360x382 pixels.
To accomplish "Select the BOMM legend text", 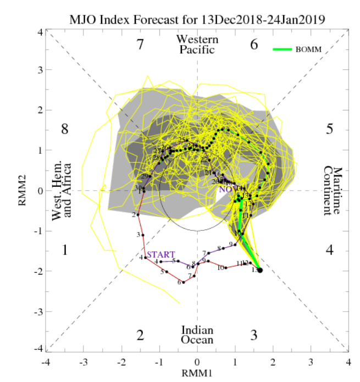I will point(308,49).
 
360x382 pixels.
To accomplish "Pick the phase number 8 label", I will point(64,130).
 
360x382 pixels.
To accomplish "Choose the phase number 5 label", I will point(329,130).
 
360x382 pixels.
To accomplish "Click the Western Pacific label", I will point(197,45).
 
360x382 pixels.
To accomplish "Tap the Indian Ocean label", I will point(197,335).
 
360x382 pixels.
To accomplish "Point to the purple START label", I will point(160,254).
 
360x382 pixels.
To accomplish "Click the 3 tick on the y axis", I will point(40,70).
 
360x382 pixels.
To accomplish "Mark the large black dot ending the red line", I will point(260,270).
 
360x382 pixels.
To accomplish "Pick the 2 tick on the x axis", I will point(273,363).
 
